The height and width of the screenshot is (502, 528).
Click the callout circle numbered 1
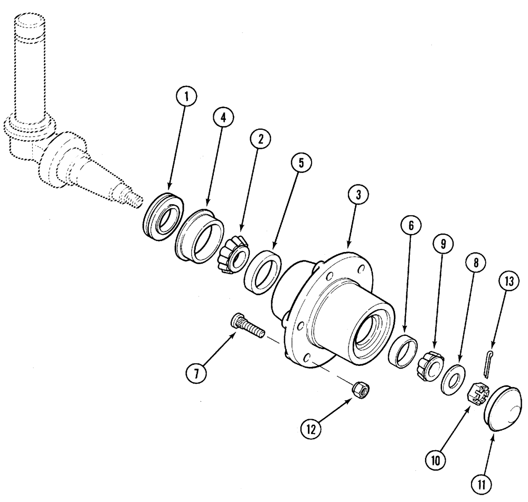187,97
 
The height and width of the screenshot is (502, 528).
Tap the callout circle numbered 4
223,117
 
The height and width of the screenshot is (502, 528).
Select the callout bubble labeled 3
359,195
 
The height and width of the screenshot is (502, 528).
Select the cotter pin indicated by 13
489,362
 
